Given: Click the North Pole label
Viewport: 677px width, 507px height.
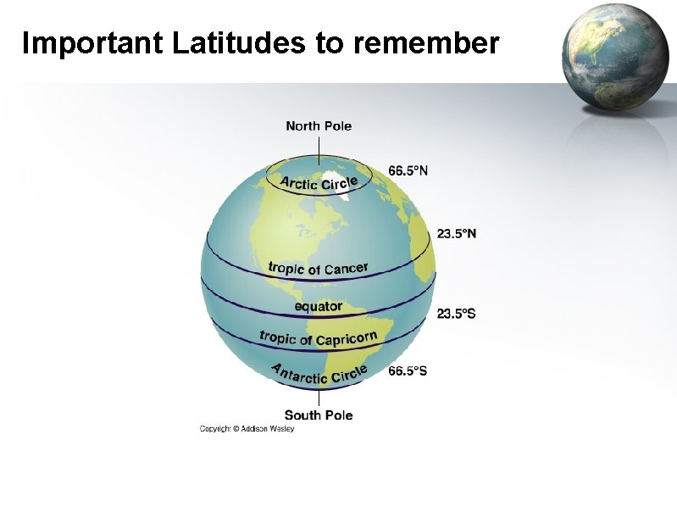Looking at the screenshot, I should [319, 126].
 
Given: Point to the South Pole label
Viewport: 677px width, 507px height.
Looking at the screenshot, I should [319, 415].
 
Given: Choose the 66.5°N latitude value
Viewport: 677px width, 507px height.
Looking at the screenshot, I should [408, 170].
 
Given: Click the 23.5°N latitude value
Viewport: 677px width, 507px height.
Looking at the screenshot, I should [456, 233].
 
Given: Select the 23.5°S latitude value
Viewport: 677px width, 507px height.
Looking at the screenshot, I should [456, 314].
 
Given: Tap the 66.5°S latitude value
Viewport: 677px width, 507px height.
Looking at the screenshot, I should [408, 370].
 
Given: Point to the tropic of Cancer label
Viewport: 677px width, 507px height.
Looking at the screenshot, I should [318, 269].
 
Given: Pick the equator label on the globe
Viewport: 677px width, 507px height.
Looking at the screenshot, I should [319, 306].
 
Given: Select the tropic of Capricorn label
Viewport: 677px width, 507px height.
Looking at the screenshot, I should [318, 338].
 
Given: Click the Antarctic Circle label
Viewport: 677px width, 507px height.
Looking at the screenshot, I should [319, 374].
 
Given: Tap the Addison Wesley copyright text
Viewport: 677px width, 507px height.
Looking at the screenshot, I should [247, 429].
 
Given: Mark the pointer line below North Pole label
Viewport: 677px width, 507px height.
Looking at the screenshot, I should [319, 149].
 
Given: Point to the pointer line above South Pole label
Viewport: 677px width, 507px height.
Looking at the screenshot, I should [319, 397].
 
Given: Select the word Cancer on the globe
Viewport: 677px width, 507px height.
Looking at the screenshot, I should [346, 268].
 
